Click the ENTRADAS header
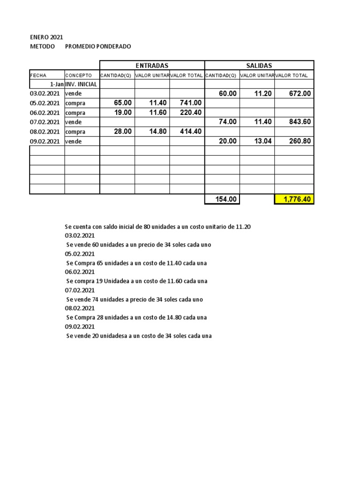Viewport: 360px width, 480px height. pyautogui.click(x=152, y=66)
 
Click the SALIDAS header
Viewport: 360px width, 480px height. pyautogui.click(x=259, y=66)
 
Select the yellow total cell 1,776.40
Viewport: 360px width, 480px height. pyautogui.click(x=294, y=199)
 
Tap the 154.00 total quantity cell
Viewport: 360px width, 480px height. pyautogui.click(x=222, y=199)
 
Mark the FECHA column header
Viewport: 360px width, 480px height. pyautogui.click(x=38, y=75)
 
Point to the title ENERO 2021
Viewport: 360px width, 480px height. pyautogui.click(x=46, y=37)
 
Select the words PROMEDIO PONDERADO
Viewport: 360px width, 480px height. pyautogui.click(x=98, y=46)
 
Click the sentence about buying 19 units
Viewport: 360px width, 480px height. pyautogui.click(x=137, y=281)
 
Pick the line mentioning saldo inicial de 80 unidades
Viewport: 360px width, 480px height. pyautogui.click(x=157, y=227)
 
